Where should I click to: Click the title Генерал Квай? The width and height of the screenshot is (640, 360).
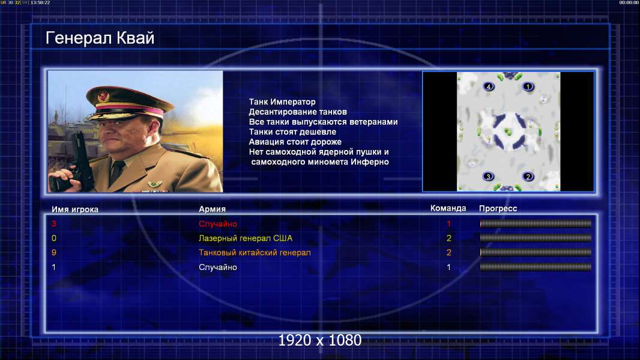[100, 38]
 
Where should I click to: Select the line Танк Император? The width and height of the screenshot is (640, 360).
[282, 102]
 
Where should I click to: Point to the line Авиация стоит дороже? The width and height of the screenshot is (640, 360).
[295, 142]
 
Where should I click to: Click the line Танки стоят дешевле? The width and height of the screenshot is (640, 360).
[292, 131]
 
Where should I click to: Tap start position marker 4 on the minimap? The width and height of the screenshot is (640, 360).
[489, 86]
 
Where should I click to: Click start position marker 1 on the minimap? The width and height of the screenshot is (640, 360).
[528, 86]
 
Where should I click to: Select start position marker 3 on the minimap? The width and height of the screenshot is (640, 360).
[488, 176]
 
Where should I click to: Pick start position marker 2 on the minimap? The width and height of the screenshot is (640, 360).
[528, 176]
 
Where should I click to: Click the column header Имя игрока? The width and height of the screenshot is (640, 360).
[74, 209]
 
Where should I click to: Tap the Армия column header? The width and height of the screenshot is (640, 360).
[212, 209]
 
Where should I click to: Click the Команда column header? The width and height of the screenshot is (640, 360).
[448, 208]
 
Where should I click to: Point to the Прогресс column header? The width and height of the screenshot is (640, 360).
[498, 209]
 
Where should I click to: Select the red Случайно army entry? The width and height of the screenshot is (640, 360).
[217, 224]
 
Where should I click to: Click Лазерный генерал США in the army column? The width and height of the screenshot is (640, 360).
[246, 238]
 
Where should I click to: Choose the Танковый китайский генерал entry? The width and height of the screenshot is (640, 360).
[255, 253]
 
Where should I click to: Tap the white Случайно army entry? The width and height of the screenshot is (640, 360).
[217, 268]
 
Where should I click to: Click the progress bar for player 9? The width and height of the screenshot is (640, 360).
[536, 253]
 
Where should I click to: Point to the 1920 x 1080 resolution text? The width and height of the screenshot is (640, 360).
[320, 340]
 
